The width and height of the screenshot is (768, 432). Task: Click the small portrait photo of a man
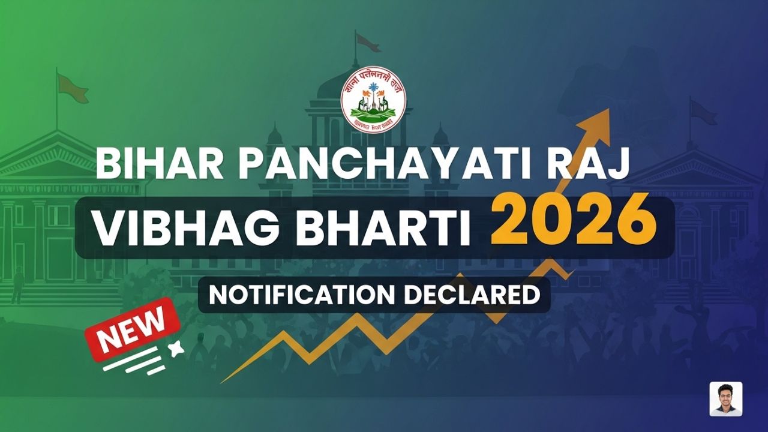[725, 399]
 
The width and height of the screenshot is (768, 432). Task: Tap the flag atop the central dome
[367, 41]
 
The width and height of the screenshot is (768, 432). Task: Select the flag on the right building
[703, 112]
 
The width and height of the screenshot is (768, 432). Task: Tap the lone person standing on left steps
[18, 284]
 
